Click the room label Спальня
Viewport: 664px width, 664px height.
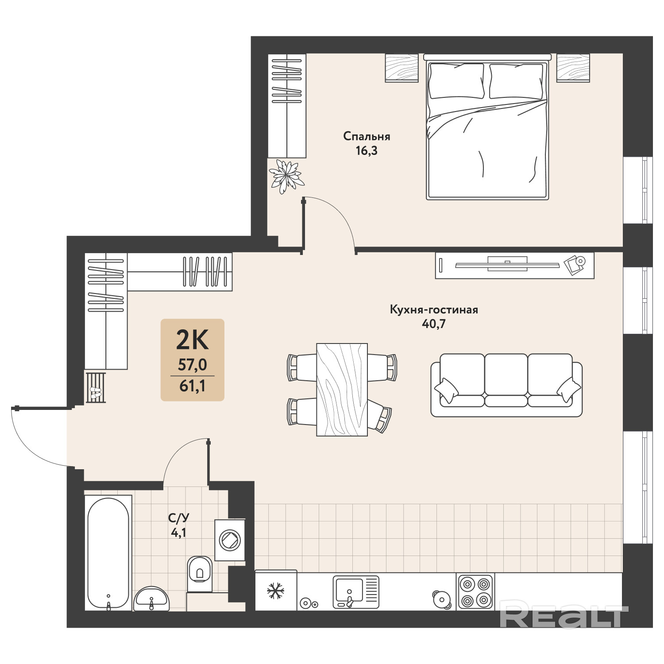pyautogui.click(x=367, y=136)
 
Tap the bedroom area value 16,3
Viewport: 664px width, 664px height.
pyautogui.click(x=367, y=151)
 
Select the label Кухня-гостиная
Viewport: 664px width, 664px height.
pyautogui.click(x=434, y=309)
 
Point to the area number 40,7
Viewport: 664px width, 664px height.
pyautogui.click(x=434, y=324)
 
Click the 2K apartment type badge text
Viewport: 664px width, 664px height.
pyautogui.click(x=192, y=340)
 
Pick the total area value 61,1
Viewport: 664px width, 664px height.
pyautogui.click(x=192, y=386)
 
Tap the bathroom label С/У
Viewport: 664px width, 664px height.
pyautogui.click(x=179, y=518)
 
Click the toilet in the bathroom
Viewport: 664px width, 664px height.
pyautogui.click(x=200, y=574)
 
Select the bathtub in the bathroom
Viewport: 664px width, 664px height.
pyautogui.click(x=108, y=553)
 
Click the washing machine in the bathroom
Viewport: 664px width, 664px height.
pyautogui.click(x=230, y=540)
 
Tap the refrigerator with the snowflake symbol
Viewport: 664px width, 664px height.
pyautogui.click(x=276, y=591)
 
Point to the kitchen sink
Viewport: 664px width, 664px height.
pyautogui.click(x=356, y=592)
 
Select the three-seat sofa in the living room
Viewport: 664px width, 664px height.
pyautogui.click(x=506, y=385)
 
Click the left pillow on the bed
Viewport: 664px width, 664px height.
pyautogui.click(x=456, y=81)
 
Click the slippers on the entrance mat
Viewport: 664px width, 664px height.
pyautogui.click(x=96, y=393)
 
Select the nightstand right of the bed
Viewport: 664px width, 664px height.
pyautogui.click(x=573, y=68)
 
